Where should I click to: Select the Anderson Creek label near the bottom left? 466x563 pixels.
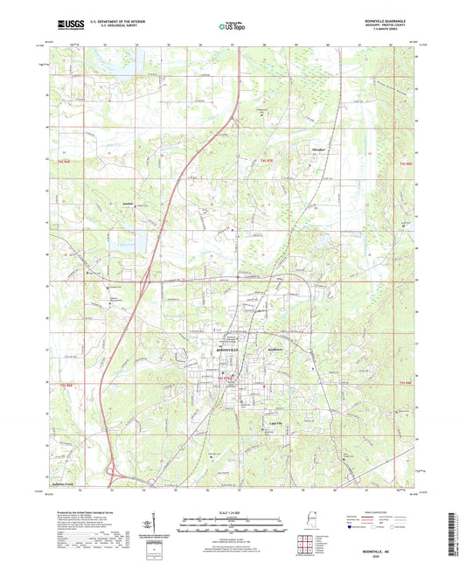67,483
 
